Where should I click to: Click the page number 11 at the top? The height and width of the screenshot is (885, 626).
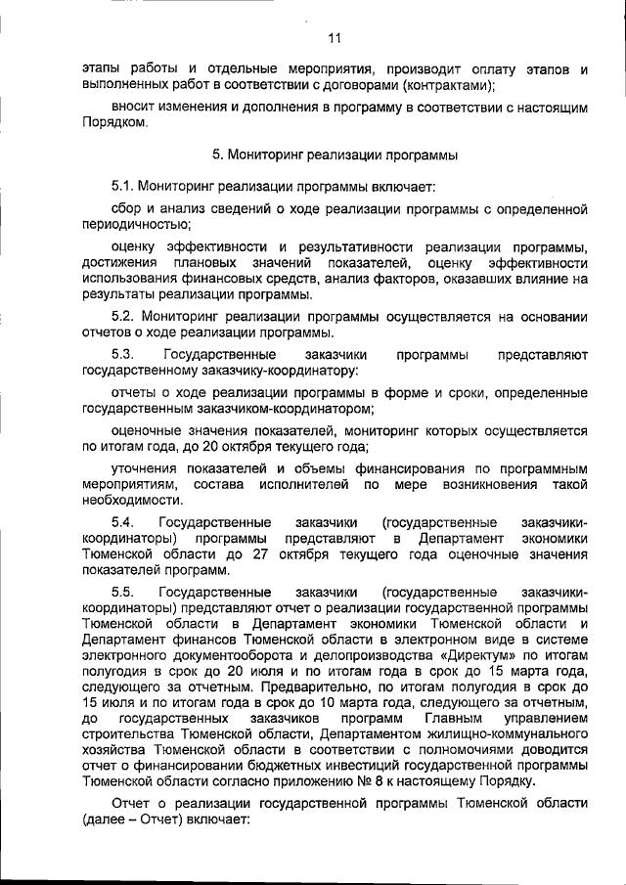click(x=334, y=40)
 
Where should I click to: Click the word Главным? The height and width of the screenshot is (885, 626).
click(x=461, y=719)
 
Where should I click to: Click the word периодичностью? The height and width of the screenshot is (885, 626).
click(x=128, y=224)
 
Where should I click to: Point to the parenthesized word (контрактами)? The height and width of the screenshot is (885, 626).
click(x=446, y=85)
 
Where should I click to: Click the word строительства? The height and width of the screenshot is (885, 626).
click(x=128, y=734)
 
